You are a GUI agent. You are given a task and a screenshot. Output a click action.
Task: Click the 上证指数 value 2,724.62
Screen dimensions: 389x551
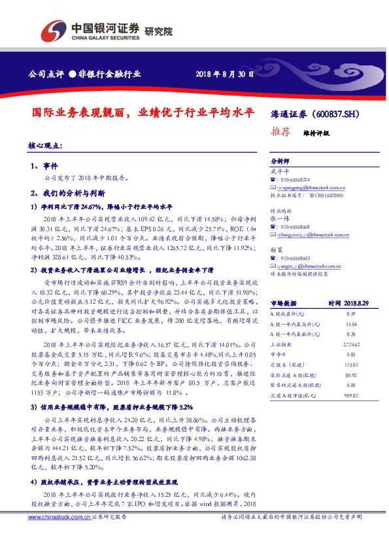coord(351,343)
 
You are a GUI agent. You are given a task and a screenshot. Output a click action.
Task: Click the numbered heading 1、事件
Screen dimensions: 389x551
coord(44,166)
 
